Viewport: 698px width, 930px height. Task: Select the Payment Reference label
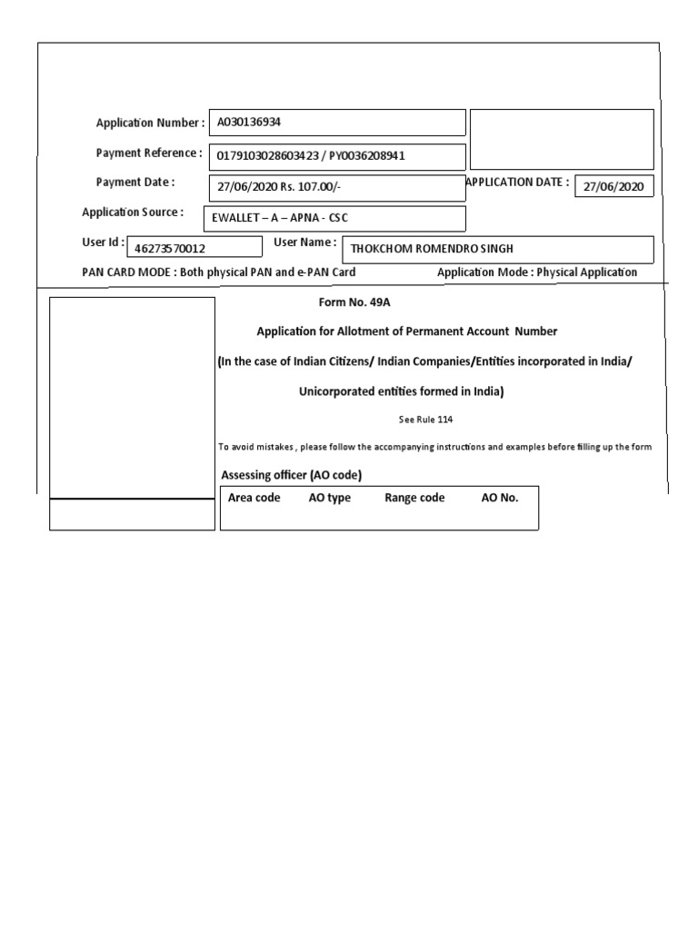pyautogui.click(x=149, y=153)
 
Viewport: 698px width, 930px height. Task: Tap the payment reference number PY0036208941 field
pyautogui.click(x=337, y=156)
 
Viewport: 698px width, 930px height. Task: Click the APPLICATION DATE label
pyautogui.click(x=517, y=182)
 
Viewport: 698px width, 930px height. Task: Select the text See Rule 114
pyautogui.click(x=425, y=420)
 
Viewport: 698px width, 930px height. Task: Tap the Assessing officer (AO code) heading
pyautogui.click(x=297, y=476)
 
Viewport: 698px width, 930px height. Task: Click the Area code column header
pyautogui.click(x=254, y=498)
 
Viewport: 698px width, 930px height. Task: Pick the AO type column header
pyautogui.click(x=329, y=498)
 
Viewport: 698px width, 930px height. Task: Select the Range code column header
pyautogui.click(x=414, y=498)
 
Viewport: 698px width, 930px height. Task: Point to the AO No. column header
pyautogui.click(x=499, y=498)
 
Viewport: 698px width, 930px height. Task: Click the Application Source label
pyautogui.click(x=132, y=213)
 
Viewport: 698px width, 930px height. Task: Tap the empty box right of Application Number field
pyautogui.click(x=562, y=139)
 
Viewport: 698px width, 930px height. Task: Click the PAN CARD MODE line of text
pyautogui.click(x=218, y=272)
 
